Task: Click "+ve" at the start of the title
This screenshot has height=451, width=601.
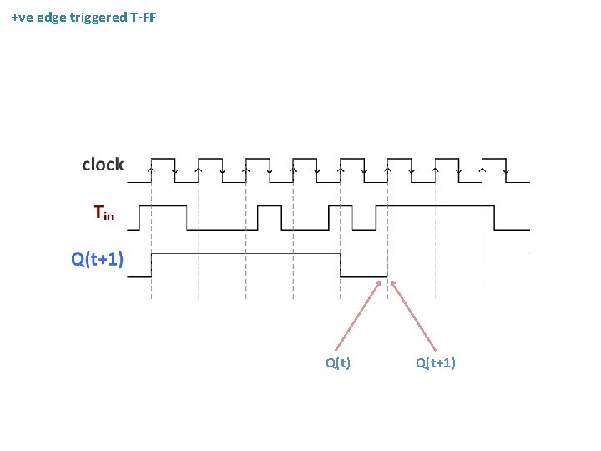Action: click(24, 17)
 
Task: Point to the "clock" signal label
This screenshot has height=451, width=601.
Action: click(103, 165)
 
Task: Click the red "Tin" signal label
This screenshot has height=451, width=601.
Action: click(104, 214)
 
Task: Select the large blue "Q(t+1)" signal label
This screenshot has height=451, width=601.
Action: click(98, 259)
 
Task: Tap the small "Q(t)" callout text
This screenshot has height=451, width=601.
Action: click(338, 362)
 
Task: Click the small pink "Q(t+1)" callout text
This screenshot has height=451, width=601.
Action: click(435, 362)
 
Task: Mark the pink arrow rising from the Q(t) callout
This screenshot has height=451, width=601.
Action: click(359, 314)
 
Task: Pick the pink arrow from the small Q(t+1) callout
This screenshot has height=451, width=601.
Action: click(413, 314)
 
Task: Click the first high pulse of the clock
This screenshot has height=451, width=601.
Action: click(162, 159)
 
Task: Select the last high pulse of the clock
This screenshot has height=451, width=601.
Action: click(495, 159)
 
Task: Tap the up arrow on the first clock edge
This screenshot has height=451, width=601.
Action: click(151, 170)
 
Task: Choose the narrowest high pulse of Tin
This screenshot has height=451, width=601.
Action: click(364, 207)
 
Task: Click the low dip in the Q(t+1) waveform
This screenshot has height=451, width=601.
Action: click(364, 276)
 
